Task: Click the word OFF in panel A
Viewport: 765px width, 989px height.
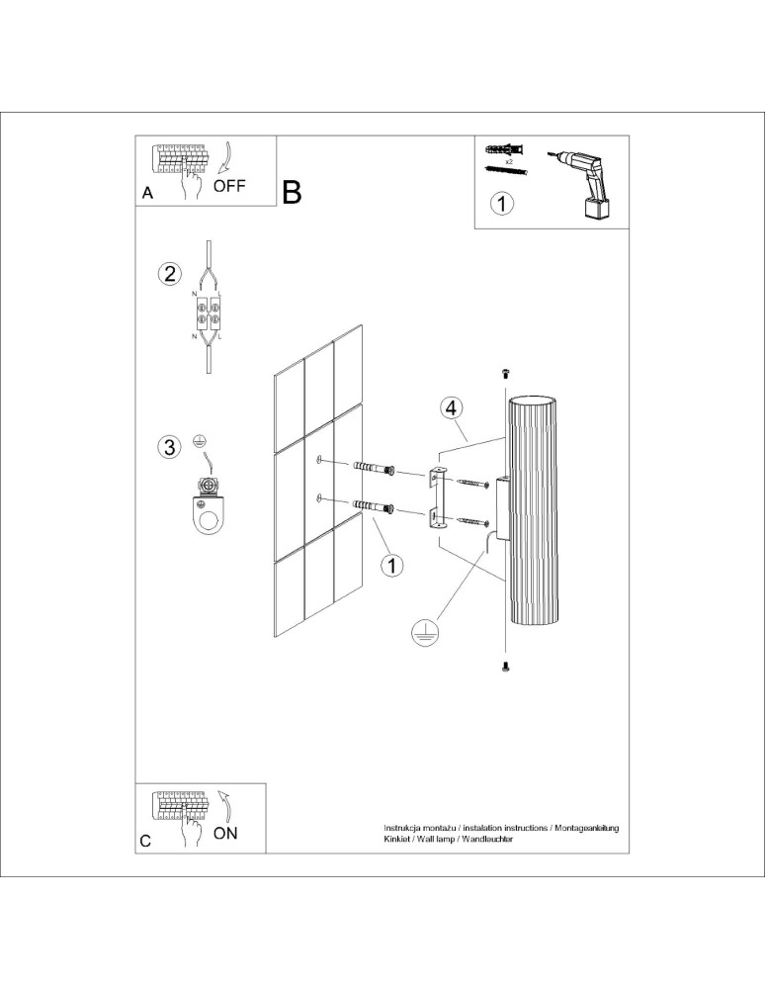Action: tap(228, 185)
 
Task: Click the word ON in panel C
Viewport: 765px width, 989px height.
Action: tap(225, 833)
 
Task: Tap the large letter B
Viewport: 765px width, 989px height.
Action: tap(292, 192)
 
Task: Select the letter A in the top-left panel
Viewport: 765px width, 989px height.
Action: tap(147, 194)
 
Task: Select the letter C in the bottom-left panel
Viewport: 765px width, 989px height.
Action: tap(145, 842)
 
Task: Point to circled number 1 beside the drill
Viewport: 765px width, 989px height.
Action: tap(503, 205)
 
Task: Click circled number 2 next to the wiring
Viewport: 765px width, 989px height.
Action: tap(171, 274)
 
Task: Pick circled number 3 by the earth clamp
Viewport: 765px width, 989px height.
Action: tap(171, 447)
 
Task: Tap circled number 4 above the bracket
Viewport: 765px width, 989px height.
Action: tap(451, 407)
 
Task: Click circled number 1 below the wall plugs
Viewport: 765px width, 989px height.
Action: tap(392, 565)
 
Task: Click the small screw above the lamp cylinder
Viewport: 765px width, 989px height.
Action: tap(506, 373)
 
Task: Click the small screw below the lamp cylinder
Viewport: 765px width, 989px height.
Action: tap(506, 668)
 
